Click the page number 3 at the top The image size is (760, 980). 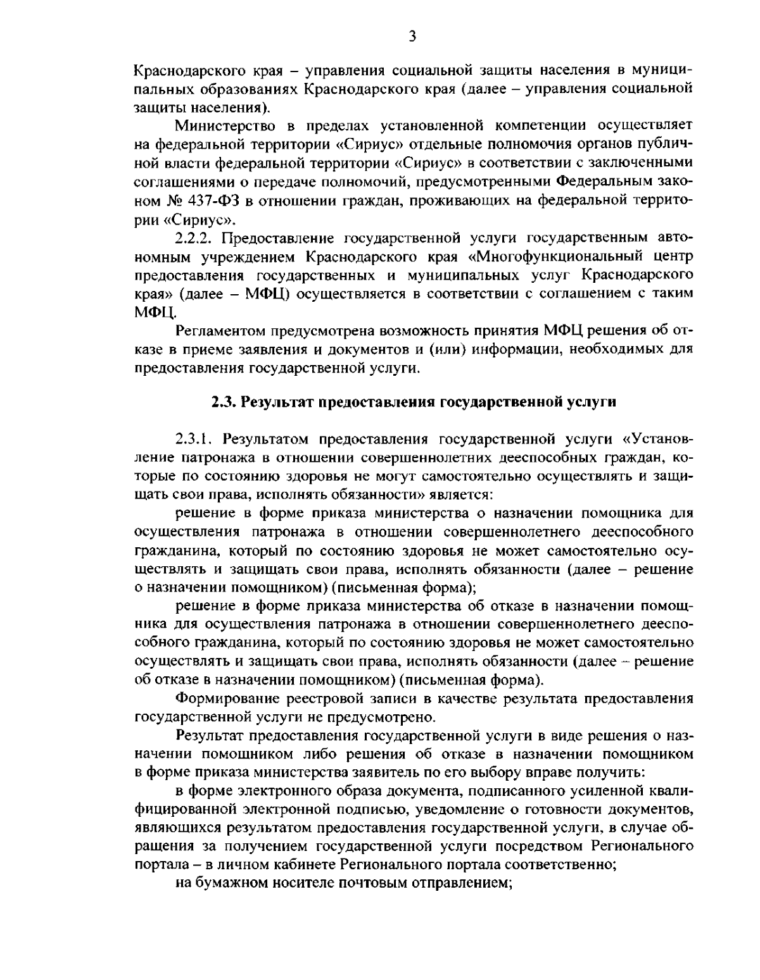412,37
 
